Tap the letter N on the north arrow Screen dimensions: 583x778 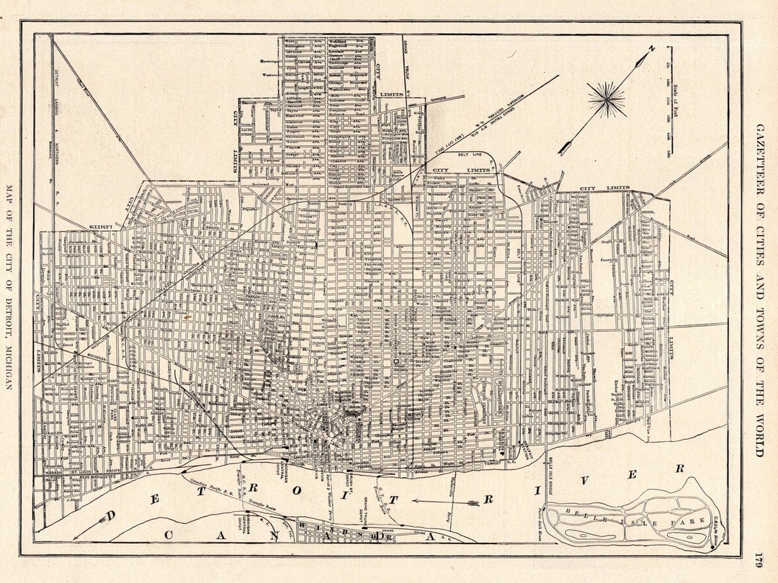click(x=650, y=49)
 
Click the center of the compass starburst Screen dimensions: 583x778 click(x=607, y=99)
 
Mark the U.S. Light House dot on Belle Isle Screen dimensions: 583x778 click(x=712, y=548)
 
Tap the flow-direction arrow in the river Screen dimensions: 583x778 click(x=447, y=502)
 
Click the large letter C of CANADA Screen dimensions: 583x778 click(x=170, y=535)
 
